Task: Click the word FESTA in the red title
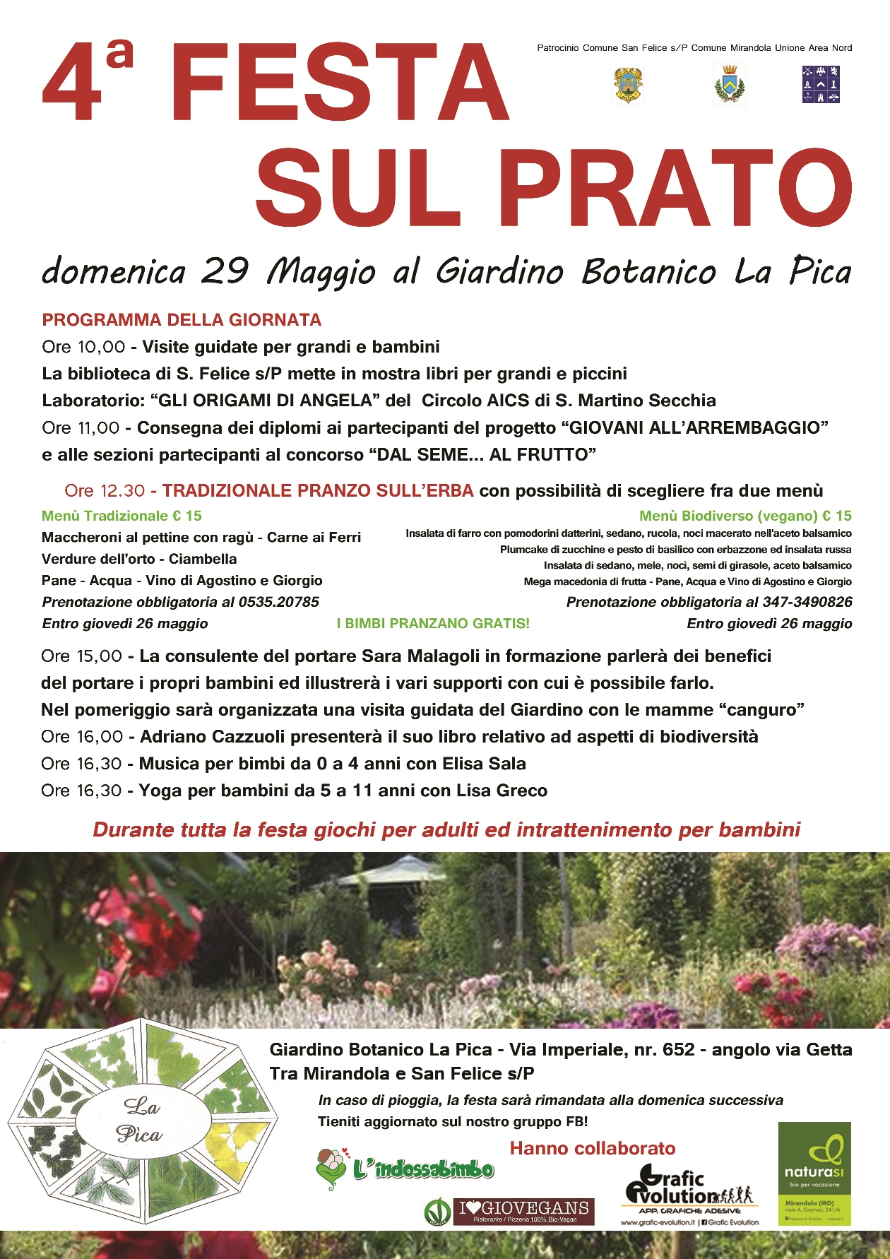coord(339,83)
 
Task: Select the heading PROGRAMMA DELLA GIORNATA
coord(182,320)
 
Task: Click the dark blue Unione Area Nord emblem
coord(821,85)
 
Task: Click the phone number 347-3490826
coord(807,602)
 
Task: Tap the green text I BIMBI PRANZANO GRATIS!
coord(433,623)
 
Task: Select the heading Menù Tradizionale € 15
coord(121,516)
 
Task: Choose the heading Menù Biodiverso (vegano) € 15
coord(745,516)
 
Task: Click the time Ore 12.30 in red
coord(105,491)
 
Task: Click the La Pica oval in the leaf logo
coord(143,1121)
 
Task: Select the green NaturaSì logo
coord(814,1173)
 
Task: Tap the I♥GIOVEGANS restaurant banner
coord(523,1212)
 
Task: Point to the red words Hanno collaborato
coord(593,1149)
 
